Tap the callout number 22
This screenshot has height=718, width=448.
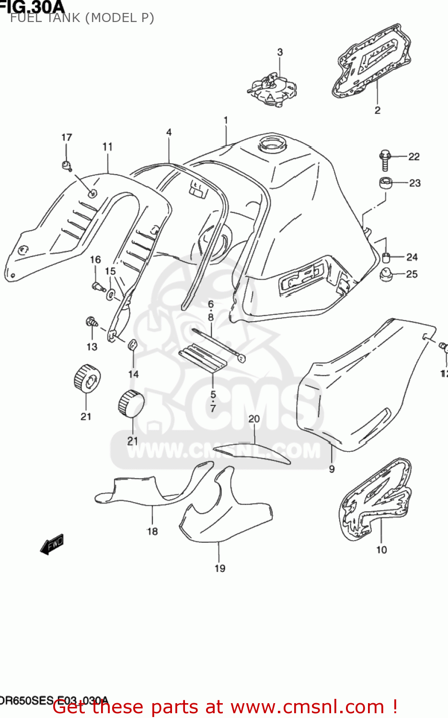pyautogui.click(x=414, y=157)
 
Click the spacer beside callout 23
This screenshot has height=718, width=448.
pyautogui.click(x=386, y=183)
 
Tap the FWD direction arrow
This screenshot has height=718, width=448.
pyautogui.click(x=52, y=544)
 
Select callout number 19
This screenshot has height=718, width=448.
pyautogui.click(x=220, y=568)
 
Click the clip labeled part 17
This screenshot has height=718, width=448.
pyautogui.click(x=67, y=166)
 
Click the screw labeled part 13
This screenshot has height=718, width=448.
pyautogui.click(x=91, y=322)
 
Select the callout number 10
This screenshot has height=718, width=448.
pyautogui.click(x=381, y=550)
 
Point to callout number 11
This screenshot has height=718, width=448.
pyautogui.click(x=107, y=147)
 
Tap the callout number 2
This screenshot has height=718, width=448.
pyautogui.click(x=378, y=110)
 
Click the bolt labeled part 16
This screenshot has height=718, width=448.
pyautogui.click(x=98, y=286)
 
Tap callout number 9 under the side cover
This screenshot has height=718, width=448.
pyautogui.click(x=332, y=469)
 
